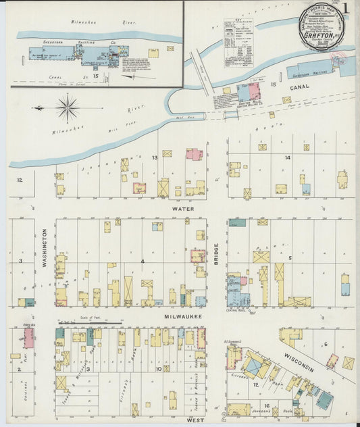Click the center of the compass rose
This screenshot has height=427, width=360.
point(68,107)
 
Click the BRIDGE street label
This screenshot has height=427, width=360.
point(217,253)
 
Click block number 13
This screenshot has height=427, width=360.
point(155,157)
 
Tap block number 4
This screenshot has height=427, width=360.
point(143,261)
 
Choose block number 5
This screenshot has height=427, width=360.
point(290,258)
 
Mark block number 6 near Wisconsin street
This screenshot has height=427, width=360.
point(325,344)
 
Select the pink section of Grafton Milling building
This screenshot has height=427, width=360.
point(255,90)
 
